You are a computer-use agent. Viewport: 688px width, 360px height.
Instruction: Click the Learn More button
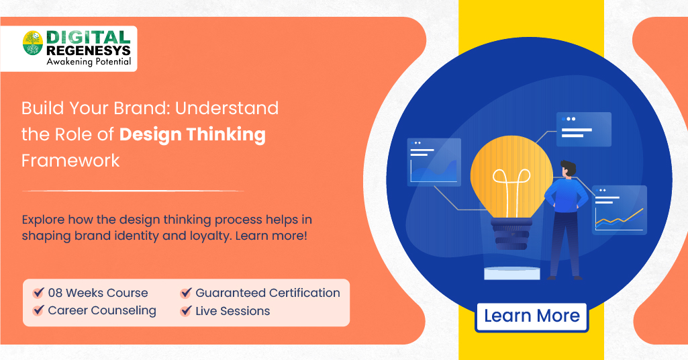click(532, 316)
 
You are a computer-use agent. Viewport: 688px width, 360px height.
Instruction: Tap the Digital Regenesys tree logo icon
click(32, 44)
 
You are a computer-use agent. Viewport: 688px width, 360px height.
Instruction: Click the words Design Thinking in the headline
click(193, 134)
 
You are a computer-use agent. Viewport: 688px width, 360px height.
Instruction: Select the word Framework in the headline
click(70, 161)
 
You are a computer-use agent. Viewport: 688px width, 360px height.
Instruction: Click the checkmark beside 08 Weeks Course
click(38, 293)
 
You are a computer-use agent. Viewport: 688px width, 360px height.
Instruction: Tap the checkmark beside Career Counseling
click(38, 311)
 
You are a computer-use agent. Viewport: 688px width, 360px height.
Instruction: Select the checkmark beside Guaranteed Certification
click(186, 293)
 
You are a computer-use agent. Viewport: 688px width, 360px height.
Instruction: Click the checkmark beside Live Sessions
click(186, 311)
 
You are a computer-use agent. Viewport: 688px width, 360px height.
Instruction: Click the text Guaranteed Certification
click(267, 293)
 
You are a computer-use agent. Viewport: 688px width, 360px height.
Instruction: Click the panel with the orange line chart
click(619, 210)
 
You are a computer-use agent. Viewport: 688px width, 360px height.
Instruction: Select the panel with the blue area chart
click(434, 162)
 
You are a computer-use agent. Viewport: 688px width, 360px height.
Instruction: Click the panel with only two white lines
click(583, 129)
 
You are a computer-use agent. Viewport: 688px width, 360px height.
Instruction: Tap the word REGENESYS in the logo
click(88, 50)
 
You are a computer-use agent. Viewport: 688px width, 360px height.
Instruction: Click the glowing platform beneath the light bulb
click(512, 273)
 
